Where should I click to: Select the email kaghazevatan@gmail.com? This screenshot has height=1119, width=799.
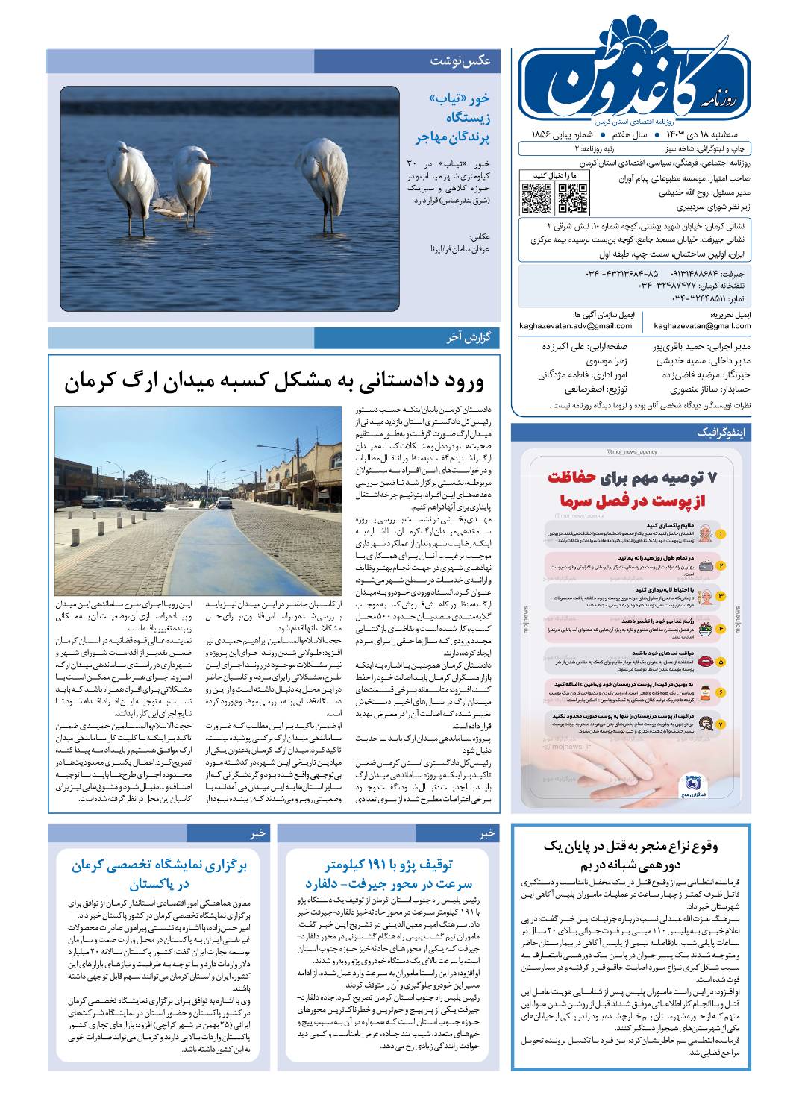(x=702, y=326)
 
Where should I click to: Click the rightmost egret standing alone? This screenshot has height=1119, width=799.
(x=323, y=175)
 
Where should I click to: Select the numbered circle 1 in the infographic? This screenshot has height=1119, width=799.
(x=721, y=534)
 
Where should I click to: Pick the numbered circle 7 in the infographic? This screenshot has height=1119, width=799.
(x=721, y=724)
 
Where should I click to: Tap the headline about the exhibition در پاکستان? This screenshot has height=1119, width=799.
(x=160, y=874)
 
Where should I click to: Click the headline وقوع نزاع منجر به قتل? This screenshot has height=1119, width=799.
(x=631, y=856)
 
